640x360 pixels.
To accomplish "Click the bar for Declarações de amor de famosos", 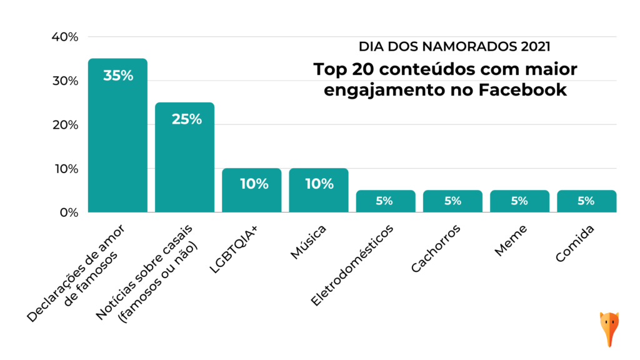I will tap(117, 137).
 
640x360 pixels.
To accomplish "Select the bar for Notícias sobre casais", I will tap(184, 159).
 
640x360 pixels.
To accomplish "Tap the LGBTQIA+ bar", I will tap(251, 191).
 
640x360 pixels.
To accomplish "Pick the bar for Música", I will tap(318, 191).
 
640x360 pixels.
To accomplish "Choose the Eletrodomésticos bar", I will tap(386, 201).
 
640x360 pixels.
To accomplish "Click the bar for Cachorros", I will tap(452, 201).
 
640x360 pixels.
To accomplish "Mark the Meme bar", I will tap(519, 201).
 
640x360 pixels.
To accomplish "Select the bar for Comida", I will tap(586, 201).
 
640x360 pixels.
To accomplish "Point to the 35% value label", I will tap(118, 76).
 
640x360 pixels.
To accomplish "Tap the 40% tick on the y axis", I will tap(64, 37).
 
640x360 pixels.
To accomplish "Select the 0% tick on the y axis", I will tap(68, 212).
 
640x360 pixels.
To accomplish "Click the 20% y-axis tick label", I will tap(64, 125).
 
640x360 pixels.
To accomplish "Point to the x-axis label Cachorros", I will tap(436, 249).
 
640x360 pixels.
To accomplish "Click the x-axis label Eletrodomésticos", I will tap(353, 265).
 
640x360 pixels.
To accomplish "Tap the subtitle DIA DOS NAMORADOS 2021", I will tap(454, 46).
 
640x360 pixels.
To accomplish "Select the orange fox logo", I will tap(609, 327).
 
